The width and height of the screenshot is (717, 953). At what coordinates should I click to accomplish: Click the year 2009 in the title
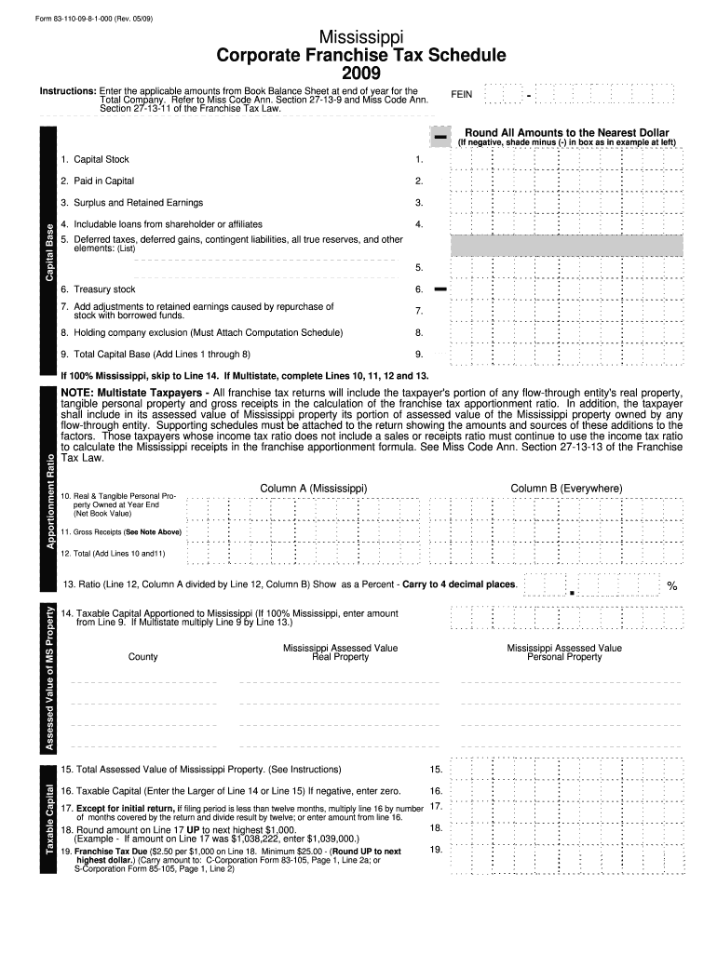(361, 74)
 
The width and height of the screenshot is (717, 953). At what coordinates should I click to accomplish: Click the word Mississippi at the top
(361, 36)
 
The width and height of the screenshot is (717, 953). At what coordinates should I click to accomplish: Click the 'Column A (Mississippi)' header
(314, 489)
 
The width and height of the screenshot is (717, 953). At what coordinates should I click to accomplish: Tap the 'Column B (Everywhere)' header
(566, 489)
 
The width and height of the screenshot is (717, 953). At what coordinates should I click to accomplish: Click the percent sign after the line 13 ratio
(672, 586)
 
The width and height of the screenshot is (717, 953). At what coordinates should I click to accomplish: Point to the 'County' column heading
(142, 657)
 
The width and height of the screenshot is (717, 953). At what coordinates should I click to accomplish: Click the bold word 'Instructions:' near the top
(67, 91)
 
